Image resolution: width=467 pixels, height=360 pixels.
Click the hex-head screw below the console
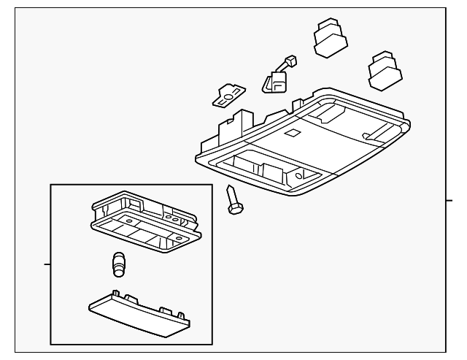233,199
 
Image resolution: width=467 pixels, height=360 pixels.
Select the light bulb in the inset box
119,264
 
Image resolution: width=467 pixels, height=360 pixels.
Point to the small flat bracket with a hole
230,93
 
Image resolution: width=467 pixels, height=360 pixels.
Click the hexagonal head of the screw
236,209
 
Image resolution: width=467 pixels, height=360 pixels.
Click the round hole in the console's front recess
301,175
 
